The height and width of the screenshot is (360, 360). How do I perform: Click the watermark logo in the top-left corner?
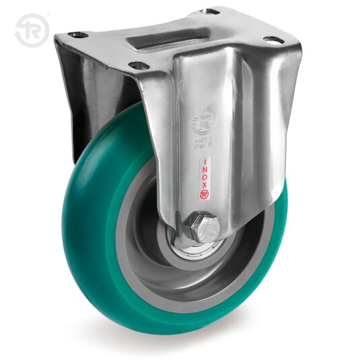pyautogui.click(x=32, y=30)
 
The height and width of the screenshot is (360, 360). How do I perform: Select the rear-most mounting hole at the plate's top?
pyautogui.click(x=211, y=11)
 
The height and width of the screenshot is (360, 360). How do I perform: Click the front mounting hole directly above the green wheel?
pyautogui.click(x=139, y=66)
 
